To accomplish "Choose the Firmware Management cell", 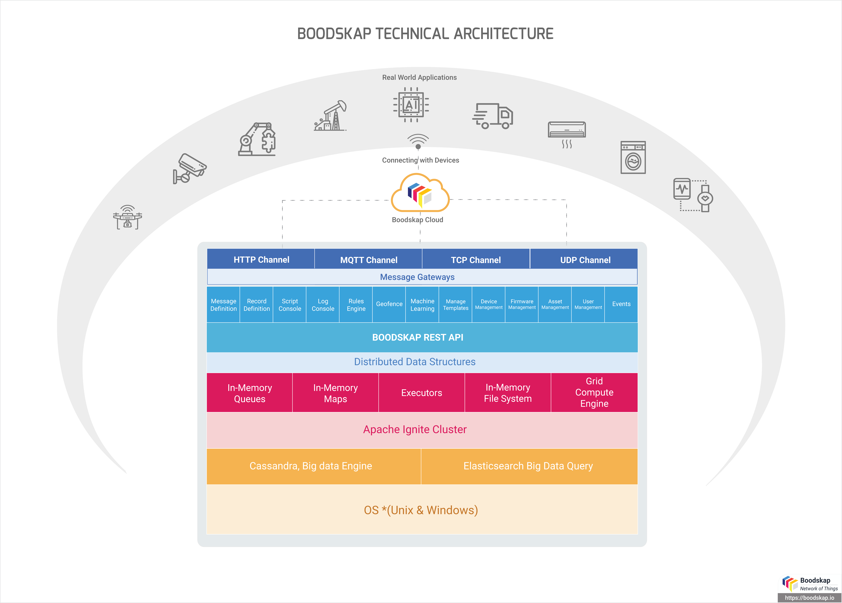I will [x=522, y=304].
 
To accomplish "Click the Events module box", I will [x=621, y=304].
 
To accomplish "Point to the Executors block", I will [x=421, y=393].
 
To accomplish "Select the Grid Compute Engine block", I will [x=594, y=393].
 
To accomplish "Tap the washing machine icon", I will [x=633, y=157].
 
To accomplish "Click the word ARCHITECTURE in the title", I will [x=503, y=34].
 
